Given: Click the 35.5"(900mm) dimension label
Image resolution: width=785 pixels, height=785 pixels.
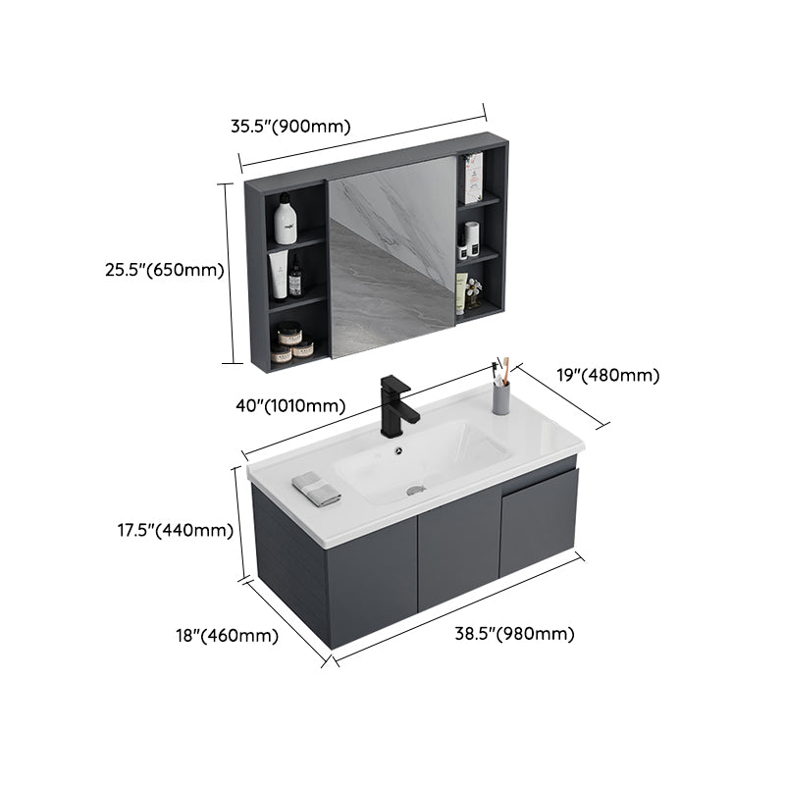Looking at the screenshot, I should pos(289,126).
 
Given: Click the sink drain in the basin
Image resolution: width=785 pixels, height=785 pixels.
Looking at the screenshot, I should pos(415,485).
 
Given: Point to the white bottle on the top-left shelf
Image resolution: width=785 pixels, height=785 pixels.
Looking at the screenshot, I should pos(286,219).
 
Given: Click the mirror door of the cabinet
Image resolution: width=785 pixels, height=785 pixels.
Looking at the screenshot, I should pos(392,257).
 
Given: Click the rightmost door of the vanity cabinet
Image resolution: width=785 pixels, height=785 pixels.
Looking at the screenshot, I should pos(539,522).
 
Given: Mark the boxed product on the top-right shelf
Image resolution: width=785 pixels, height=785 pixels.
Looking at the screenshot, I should pos(472,179).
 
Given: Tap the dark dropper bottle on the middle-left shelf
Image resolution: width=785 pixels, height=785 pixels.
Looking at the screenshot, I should pos(294,278).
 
